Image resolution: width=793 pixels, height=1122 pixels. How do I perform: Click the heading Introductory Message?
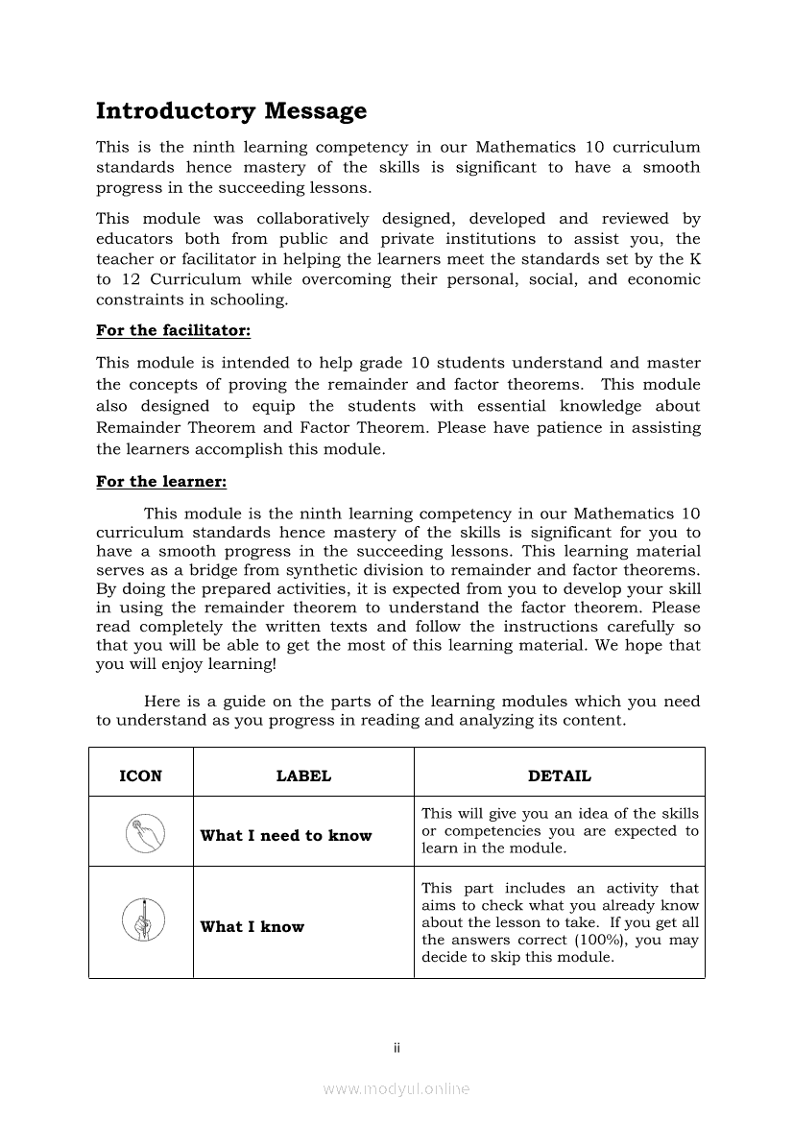[x=231, y=111]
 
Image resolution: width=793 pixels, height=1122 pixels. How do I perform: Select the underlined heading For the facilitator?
[x=173, y=330]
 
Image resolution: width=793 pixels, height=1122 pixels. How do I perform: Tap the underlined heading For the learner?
[x=161, y=482]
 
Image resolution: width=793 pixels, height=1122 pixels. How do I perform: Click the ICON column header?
[x=140, y=776]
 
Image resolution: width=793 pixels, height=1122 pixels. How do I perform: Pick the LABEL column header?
[x=303, y=776]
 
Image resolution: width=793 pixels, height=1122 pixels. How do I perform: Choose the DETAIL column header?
[x=560, y=776]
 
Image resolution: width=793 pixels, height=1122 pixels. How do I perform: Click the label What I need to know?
[x=285, y=836]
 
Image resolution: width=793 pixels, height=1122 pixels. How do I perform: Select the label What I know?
[x=252, y=927]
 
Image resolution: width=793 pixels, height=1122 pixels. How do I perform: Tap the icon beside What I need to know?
[x=145, y=831]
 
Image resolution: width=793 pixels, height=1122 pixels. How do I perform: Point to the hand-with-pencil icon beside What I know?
[x=143, y=920]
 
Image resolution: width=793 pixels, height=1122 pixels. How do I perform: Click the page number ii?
[x=396, y=1047]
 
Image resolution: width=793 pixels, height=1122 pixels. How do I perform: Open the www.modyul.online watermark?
[x=396, y=1088]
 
